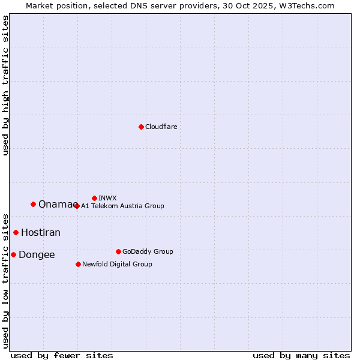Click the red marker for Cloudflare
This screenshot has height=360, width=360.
coord(141,127)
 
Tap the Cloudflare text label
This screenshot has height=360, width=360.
coord(161,127)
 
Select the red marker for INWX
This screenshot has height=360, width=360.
coord(94,198)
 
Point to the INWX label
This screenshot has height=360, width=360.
coord(107,198)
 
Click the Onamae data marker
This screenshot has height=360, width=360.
coord(33,204)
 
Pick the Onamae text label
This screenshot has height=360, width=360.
coord(56,205)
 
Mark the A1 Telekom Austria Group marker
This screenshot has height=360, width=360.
coord(77,206)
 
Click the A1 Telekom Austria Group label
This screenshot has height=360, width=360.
coord(122,206)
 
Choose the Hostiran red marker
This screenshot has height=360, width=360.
coord(16,232)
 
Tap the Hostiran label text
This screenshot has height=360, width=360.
coord(41,233)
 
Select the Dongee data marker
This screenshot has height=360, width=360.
coord(13,254)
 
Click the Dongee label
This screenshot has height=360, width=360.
coord(37,255)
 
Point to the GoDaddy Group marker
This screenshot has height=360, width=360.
coord(118,251)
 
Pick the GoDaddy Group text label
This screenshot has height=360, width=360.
coord(148,251)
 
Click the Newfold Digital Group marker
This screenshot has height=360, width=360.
coord(78,264)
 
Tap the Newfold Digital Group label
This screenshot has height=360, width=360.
coord(117,264)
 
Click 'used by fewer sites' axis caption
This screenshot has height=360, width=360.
coord(62,355)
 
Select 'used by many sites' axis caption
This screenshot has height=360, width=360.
coord(301,355)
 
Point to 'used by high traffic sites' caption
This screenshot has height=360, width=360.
coord(6,85)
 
